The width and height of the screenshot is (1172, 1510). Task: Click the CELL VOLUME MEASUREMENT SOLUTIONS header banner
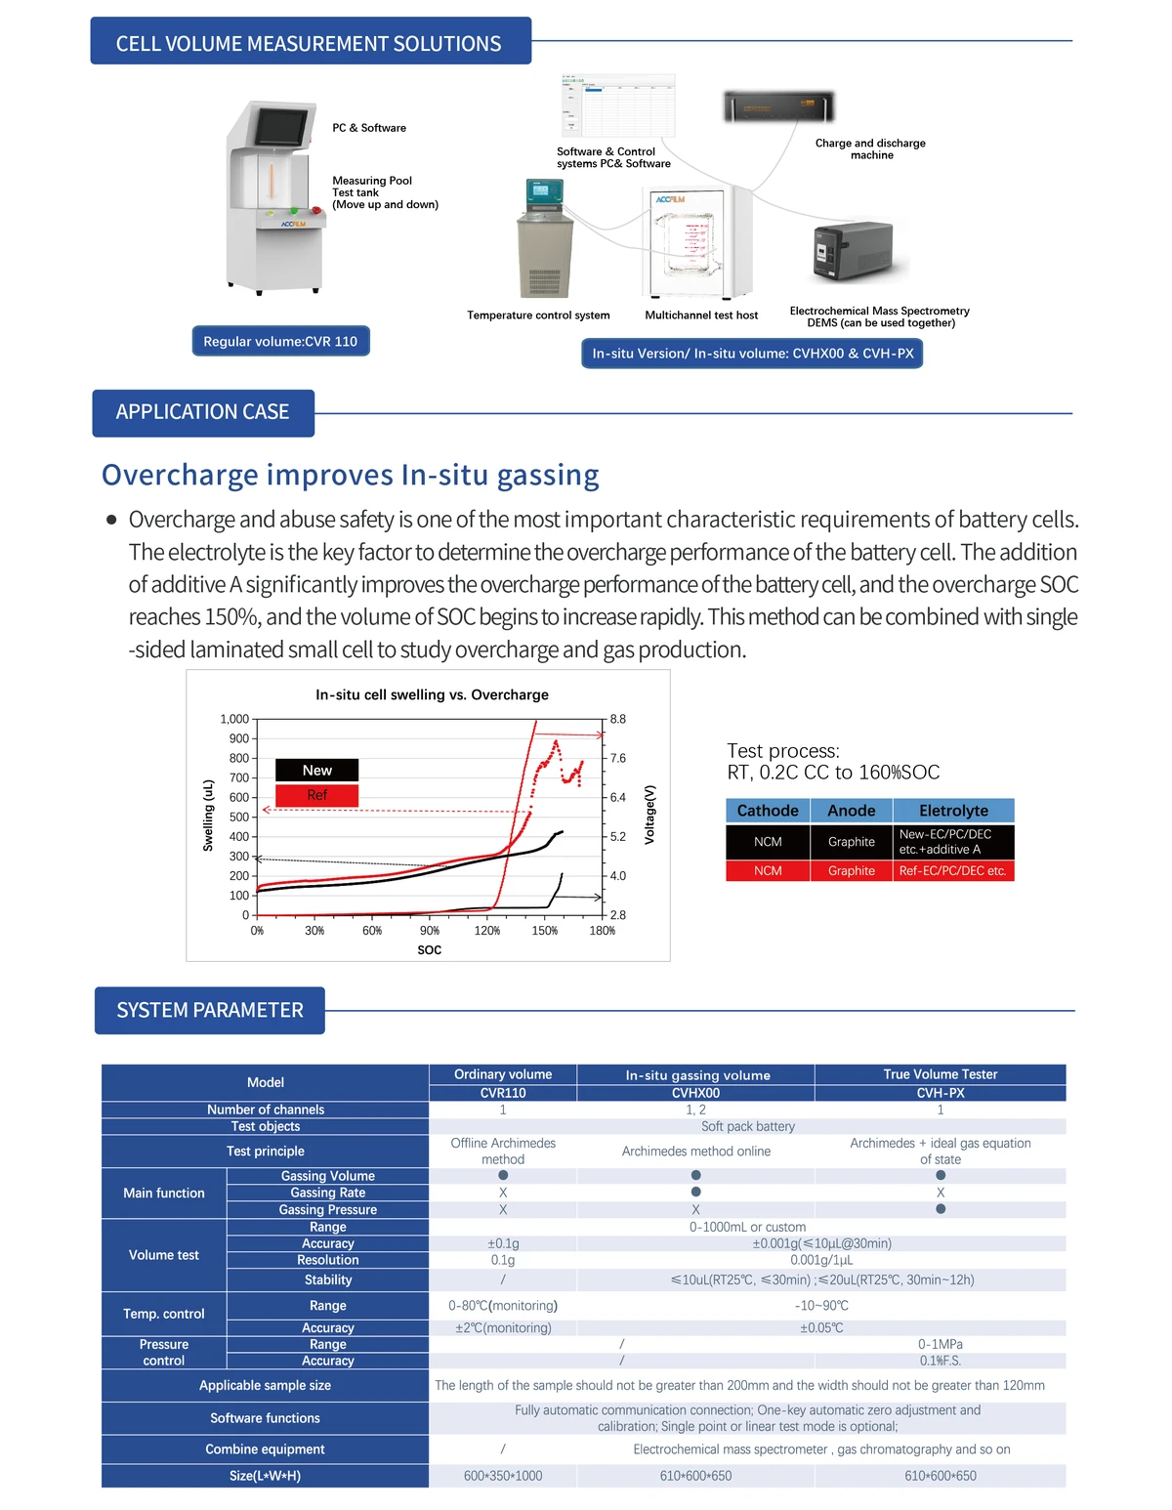click(x=310, y=42)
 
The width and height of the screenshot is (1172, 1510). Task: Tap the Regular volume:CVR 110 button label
click(x=280, y=341)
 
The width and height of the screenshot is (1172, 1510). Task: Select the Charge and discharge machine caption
click(x=870, y=148)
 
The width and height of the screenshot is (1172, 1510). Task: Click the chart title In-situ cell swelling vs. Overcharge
click(x=432, y=694)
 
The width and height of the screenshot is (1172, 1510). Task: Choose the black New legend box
click(x=316, y=770)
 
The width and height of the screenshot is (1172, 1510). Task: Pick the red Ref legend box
click(x=316, y=795)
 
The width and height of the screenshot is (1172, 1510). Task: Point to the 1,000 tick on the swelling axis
click(x=234, y=719)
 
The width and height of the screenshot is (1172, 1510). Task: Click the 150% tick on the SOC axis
click(x=544, y=931)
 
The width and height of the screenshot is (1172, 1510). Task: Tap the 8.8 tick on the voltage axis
click(x=618, y=719)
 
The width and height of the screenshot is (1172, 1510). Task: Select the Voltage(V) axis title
click(x=650, y=815)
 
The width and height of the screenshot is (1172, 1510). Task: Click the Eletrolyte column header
click(x=953, y=811)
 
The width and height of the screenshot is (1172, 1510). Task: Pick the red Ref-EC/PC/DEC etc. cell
click(x=953, y=870)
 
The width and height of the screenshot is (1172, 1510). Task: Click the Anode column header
click(x=851, y=811)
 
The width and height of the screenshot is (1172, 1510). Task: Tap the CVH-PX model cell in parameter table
click(x=940, y=1093)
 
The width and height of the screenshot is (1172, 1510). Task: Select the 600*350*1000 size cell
click(x=502, y=1476)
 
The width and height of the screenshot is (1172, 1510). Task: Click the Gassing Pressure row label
click(x=327, y=1209)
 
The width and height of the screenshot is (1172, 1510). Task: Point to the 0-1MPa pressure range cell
click(x=940, y=1344)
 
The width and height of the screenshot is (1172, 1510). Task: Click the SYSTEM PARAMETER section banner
click(x=210, y=1010)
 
